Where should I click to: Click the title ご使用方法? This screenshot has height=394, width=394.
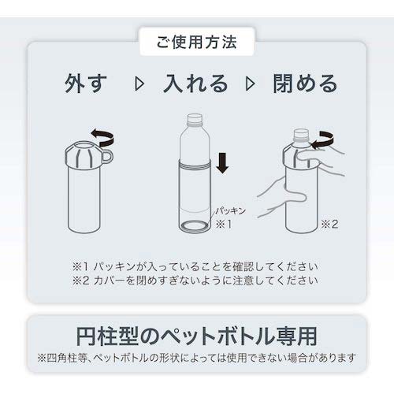(x=197, y=42)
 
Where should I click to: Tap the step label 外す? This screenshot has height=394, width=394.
(x=86, y=84)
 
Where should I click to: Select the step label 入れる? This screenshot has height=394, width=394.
(x=195, y=84)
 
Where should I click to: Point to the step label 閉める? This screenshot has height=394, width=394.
(x=305, y=84)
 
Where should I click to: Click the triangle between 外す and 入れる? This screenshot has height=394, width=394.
(x=139, y=84)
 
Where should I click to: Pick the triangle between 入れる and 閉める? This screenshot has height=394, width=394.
(x=250, y=84)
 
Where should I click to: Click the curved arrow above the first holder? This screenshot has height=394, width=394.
(x=103, y=137)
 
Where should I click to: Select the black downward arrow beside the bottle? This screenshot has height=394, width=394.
(x=223, y=163)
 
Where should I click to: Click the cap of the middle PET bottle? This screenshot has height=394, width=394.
(x=195, y=118)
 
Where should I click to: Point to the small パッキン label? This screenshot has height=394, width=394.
(x=231, y=210)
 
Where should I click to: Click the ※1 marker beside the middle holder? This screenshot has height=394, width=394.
(x=224, y=224)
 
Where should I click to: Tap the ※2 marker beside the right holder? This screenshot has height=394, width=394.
(x=329, y=224)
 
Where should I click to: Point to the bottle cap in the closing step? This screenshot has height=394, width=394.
(x=300, y=134)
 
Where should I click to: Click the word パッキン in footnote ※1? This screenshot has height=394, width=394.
(x=114, y=267)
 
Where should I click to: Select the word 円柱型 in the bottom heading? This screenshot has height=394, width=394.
(x=107, y=336)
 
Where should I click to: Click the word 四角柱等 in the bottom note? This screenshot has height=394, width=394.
(x=66, y=359)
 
